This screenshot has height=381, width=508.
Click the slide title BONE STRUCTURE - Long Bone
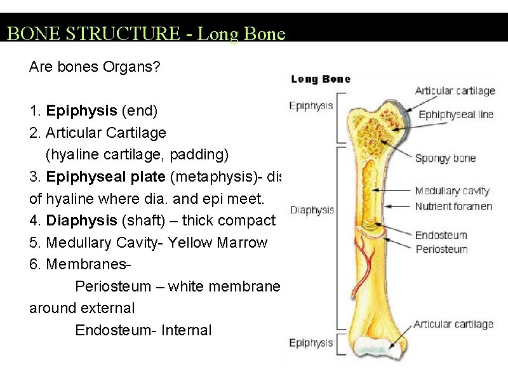[x=146, y=33]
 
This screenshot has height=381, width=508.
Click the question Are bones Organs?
[x=95, y=67]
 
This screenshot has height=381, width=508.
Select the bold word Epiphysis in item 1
[x=81, y=111]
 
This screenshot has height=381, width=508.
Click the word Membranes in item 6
[x=81, y=264]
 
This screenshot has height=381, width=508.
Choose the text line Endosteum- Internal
[x=143, y=330]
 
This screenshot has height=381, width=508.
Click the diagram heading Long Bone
[x=321, y=79]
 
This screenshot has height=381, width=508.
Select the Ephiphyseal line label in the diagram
[x=456, y=115]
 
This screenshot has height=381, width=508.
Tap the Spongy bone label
[x=445, y=158]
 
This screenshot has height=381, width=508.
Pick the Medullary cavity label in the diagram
[x=452, y=191]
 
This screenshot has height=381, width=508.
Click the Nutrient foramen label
[x=453, y=206]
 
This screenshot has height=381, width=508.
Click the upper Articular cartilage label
[x=455, y=91]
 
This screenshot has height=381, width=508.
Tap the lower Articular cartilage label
[x=453, y=324]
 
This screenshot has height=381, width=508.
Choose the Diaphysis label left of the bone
[x=311, y=210]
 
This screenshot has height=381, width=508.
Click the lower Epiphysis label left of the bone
[x=311, y=343]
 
